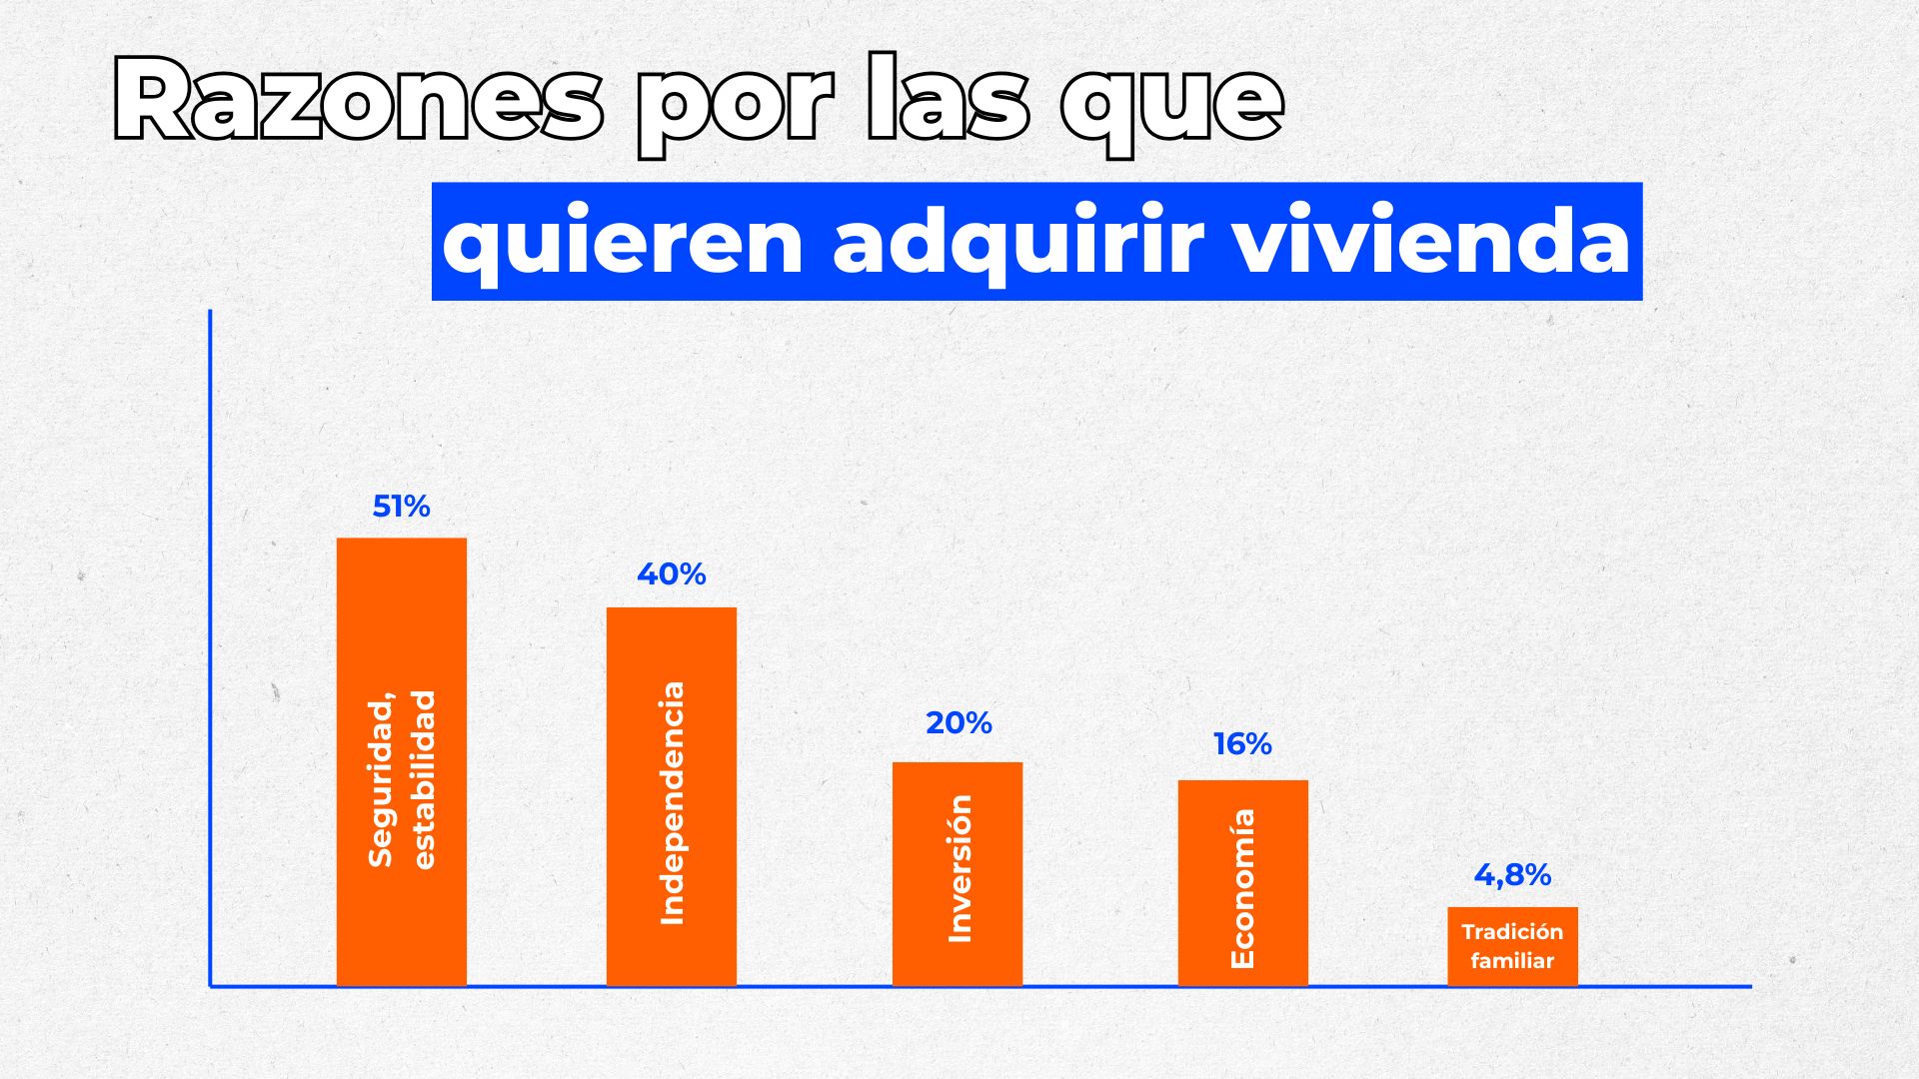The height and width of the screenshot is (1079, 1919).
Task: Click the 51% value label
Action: [401, 507]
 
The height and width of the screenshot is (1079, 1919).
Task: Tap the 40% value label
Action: [672, 574]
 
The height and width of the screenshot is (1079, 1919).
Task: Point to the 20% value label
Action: [959, 722]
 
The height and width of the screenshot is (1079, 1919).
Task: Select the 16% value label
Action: [1242, 744]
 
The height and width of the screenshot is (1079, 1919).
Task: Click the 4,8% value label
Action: [1512, 875]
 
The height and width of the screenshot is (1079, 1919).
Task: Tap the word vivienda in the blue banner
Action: [1433, 242]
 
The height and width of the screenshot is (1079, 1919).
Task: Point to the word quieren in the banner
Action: [623, 242]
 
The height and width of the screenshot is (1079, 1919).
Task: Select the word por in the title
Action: [735, 104]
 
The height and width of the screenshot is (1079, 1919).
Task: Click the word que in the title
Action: [1171, 104]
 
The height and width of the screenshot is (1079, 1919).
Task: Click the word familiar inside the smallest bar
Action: [1512, 961]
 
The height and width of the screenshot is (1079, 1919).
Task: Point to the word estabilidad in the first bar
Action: [425, 779]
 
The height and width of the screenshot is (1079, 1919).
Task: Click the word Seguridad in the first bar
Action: [382, 779]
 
